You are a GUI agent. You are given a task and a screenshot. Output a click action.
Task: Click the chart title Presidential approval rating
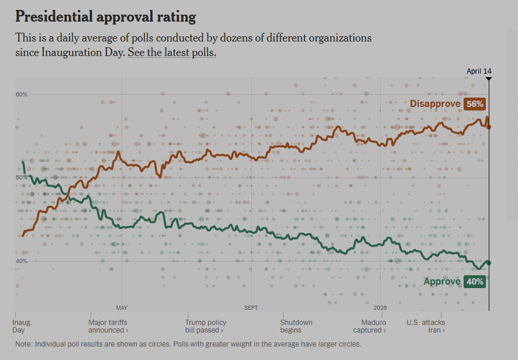[x=106, y=16]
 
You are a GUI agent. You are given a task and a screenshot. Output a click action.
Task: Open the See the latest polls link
[x=172, y=52]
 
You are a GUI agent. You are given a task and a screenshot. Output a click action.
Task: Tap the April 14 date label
[x=479, y=71]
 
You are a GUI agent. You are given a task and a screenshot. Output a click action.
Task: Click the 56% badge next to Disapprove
[x=475, y=104]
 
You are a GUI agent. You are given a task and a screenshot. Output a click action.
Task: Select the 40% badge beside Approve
[x=475, y=282]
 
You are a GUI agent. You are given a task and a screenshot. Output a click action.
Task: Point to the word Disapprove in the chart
[x=435, y=104]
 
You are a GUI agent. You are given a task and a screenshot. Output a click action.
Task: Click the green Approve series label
[x=442, y=282]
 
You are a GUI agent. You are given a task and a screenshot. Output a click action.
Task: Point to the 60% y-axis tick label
[x=22, y=95]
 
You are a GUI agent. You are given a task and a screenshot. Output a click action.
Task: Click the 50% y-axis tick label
[x=22, y=178]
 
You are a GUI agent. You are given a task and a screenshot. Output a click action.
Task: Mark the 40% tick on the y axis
[x=22, y=261]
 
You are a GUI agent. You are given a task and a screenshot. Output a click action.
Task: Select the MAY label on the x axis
[x=122, y=307]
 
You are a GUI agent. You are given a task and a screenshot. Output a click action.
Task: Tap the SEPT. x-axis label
[x=251, y=307]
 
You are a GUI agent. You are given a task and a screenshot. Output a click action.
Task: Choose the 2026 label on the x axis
[x=380, y=307]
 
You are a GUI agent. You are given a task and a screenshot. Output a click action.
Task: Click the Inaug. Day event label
[x=23, y=326]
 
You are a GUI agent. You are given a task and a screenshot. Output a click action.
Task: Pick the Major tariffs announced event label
[x=108, y=326]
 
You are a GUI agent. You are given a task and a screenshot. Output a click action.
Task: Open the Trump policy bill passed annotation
[x=206, y=326]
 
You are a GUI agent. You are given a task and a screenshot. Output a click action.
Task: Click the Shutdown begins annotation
[x=296, y=326]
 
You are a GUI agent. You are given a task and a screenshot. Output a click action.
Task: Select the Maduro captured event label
[x=374, y=326]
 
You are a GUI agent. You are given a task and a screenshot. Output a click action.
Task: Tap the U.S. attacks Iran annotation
[x=426, y=326]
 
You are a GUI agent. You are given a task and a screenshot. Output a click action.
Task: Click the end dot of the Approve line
[x=489, y=263]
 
